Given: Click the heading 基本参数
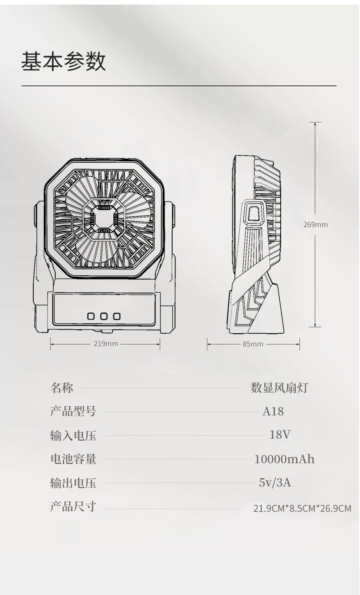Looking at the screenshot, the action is [x=63, y=62].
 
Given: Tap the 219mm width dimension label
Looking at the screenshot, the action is [x=106, y=343].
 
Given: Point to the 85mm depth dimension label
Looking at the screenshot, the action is [x=253, y=344].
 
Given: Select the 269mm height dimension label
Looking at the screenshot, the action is [x=315, y=224].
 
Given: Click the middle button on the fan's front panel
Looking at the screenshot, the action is [x=104, y=316].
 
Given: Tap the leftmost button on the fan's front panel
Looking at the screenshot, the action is [x=91, y=316].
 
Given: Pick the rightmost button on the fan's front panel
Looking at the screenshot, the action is [x=117, y=316].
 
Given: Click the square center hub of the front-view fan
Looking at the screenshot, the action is [x=104, y=218].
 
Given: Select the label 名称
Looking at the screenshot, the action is [x=62, y=388].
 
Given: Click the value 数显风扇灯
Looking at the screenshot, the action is [x=279, y=388].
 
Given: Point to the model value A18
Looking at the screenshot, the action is [x=273, y=411].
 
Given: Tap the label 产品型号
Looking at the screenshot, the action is [x=73, y=411].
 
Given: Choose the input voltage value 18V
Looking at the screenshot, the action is [x=280, y=435].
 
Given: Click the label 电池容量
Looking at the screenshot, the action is [x=73, y=459].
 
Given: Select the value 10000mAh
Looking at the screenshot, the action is [x=284, y=459].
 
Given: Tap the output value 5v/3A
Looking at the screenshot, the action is [x=275, y=482].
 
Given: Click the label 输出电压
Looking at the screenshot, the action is [x=73, y=482].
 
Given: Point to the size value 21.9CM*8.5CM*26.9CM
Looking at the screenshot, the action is [x=302, y=508].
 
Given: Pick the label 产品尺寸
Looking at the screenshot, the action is [x=73, y=506].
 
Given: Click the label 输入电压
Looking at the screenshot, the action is [x=73, y=435].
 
